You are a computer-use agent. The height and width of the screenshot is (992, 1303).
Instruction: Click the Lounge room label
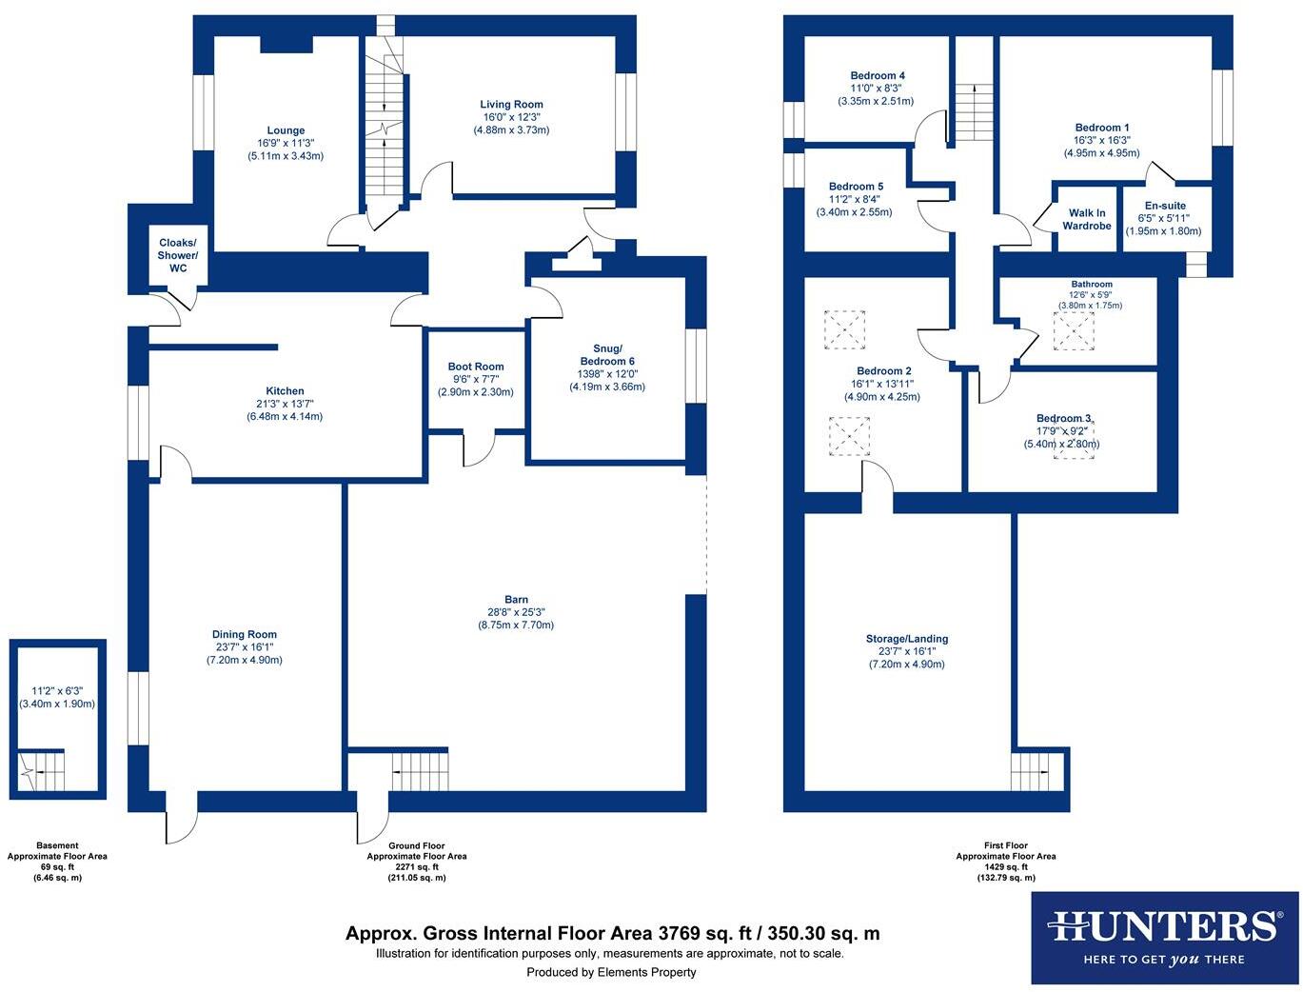286,130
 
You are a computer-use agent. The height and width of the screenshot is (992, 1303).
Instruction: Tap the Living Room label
511,105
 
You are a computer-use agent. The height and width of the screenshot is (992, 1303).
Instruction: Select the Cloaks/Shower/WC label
178,255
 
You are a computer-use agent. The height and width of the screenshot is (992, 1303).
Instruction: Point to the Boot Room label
476,367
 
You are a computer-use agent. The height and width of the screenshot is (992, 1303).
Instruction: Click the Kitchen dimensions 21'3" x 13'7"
285,404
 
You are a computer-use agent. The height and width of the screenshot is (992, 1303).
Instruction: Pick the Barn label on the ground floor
517,600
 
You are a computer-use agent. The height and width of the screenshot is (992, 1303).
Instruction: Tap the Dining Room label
245,635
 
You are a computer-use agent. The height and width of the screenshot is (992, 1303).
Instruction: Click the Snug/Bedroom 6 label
607,354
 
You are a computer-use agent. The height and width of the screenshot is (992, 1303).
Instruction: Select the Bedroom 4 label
877,76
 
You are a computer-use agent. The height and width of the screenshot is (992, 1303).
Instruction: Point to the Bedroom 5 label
856,187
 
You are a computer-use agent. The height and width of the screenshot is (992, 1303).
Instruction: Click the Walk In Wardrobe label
1087,220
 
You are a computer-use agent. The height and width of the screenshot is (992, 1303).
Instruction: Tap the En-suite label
1164,206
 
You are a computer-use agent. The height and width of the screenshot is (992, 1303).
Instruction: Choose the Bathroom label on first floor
1091,284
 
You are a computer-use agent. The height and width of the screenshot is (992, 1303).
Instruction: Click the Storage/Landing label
906,639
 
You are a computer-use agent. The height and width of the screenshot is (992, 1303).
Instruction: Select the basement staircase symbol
41,769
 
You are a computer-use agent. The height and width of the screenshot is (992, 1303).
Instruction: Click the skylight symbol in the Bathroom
1074,331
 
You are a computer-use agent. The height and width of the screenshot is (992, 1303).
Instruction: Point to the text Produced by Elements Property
611,972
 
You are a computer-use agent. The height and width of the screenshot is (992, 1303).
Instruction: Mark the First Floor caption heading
1005,845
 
